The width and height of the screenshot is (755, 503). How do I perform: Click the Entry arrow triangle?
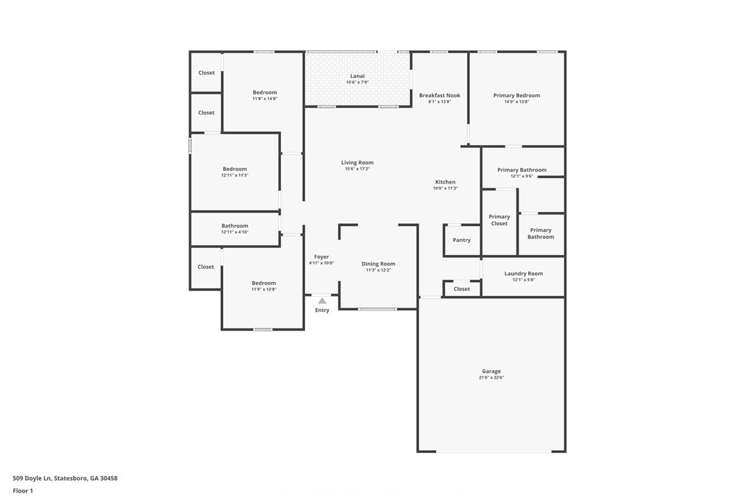(x=322, y=301)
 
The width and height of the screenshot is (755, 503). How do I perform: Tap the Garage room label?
(x=491, y=371)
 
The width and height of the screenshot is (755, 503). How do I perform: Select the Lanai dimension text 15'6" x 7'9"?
(x=357, y=82)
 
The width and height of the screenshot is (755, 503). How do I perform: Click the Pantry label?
(x=462, y=240)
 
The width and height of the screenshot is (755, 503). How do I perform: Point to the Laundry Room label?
(x=523, y=274)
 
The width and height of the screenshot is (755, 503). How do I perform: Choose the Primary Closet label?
(x=499, y=220)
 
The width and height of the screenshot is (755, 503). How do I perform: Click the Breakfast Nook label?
(x=439, y=95)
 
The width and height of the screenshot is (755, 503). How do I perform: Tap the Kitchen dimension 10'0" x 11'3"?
(x=446, y=188)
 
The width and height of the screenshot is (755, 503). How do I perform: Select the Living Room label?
(x=357, y=163)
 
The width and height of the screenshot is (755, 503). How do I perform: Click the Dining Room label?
(x=378, y=264)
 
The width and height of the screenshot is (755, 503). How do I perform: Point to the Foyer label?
(x=322, y=257)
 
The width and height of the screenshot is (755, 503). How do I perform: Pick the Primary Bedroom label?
(x=517, y=95)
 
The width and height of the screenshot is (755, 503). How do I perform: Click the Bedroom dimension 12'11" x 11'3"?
(x=235, y=175)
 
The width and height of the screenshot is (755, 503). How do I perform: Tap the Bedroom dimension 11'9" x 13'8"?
(x=264, y=289)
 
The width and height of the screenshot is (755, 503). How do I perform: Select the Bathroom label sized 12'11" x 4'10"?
(x=235, y=226)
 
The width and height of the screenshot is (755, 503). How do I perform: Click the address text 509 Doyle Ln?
(x=32, y=479)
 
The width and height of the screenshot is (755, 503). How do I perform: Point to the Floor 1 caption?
(x=23, y=491)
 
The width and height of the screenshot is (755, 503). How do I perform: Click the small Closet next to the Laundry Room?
(x=462, y=289)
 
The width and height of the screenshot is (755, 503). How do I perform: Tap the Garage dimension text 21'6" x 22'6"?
(x=491, y=378)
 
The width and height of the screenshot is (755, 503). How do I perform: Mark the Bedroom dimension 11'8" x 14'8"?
(x=265, y=99)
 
